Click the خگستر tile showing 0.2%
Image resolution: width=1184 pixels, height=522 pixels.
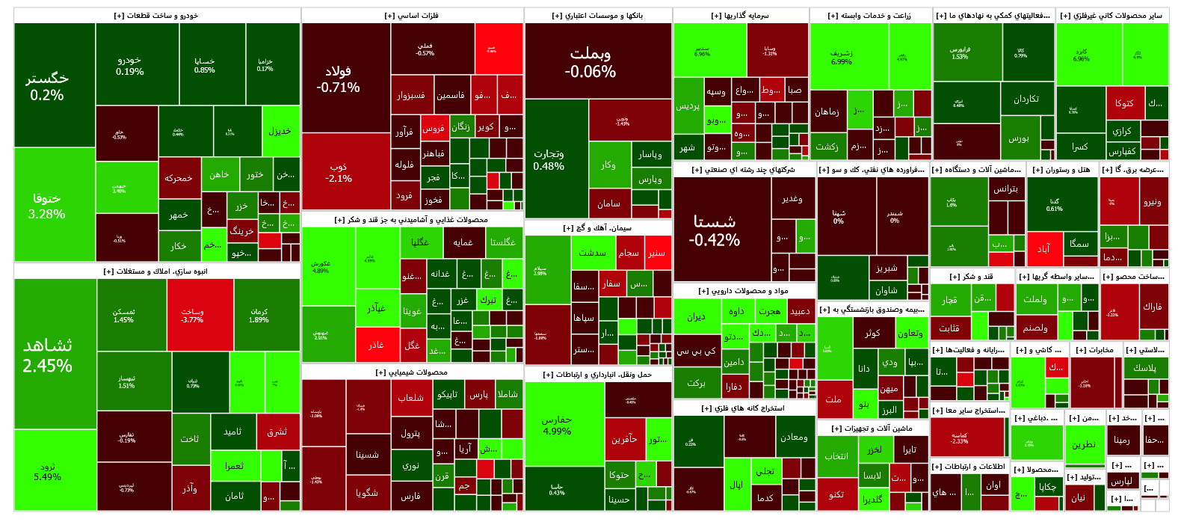pos(47,86)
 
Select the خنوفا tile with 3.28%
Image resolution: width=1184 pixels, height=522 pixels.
pos(47,205)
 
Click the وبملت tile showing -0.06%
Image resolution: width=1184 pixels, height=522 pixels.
pos(591,63)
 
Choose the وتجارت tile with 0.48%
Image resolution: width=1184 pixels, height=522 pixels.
pos(549,159)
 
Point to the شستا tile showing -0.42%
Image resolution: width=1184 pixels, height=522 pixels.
pos(715,230)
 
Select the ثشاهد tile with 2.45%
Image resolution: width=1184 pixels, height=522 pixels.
pos(48,354)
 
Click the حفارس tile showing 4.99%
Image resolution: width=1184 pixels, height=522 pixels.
pos(557,425)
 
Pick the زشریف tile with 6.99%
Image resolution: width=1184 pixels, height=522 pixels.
pos(841,58)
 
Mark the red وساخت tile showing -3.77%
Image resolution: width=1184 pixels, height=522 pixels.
pos(192,315)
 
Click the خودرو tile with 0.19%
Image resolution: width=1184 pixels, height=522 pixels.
pos(130,66)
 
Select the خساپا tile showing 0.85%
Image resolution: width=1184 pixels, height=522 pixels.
pos(204,66)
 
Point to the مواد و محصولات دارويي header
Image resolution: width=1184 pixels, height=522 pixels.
pos(743,291)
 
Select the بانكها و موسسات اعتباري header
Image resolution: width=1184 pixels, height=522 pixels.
pos(597,16)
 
